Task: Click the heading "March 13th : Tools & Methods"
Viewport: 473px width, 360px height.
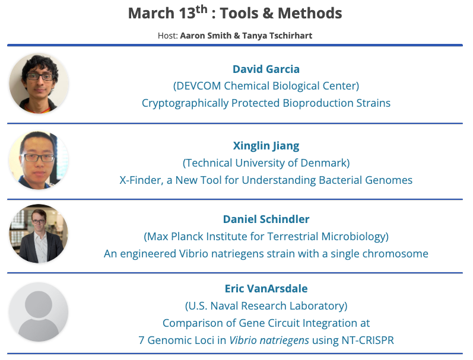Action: (235, 13)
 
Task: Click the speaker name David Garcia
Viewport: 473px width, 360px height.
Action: (266, 69)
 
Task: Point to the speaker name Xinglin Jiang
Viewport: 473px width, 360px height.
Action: (266, 145)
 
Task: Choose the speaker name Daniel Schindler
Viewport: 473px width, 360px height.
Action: (266, 219)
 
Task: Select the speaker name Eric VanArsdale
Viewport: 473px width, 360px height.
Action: (266, 289)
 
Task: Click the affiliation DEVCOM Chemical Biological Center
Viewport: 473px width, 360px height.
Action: (266, 86)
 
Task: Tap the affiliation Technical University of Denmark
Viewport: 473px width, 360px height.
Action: (266, 163)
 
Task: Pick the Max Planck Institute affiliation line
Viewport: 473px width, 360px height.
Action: (266, 237)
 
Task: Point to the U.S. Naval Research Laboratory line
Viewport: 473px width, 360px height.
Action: (266, 306)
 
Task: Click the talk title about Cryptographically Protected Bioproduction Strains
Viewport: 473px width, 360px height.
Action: (266, 103)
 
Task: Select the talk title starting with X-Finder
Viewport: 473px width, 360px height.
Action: (266, 180)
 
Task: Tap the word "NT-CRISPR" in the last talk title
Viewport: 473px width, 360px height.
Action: (365, 340)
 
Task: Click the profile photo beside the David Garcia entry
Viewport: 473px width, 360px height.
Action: (39, 84)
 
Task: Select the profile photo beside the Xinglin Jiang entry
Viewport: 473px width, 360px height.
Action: (39, 160)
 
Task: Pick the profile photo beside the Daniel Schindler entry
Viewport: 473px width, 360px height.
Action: (39, 235)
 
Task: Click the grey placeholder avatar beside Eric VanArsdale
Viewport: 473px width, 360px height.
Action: (39, 313)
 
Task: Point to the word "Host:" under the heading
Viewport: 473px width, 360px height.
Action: (168, 36)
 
